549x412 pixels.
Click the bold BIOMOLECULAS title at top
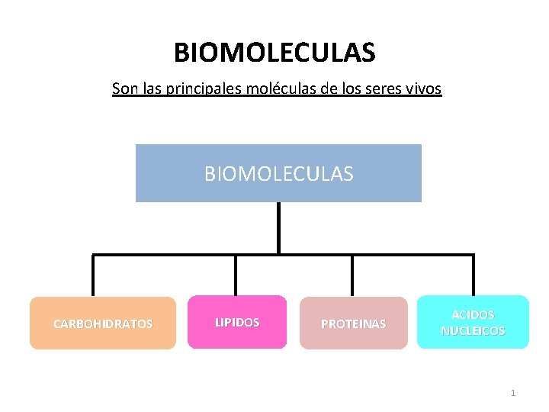point(274,53)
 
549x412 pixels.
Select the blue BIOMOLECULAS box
point(278,173)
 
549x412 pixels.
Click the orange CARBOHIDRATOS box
point(103,323)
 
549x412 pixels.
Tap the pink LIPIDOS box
point(237,322)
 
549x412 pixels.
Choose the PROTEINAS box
point(353,323)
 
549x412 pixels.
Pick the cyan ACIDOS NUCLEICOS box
point(473,322)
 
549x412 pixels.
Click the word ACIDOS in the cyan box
point(473,314)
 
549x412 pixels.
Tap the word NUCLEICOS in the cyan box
point(473,331)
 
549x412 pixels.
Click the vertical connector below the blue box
point(278,227)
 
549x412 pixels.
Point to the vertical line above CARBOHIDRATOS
point(93,275)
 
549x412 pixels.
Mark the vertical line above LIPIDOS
point(236,275)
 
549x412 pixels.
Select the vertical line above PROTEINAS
point(352,275)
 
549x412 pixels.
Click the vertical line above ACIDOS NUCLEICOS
point(473,275)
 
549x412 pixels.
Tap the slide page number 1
point(513,393)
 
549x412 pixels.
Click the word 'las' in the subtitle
point(151,89)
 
